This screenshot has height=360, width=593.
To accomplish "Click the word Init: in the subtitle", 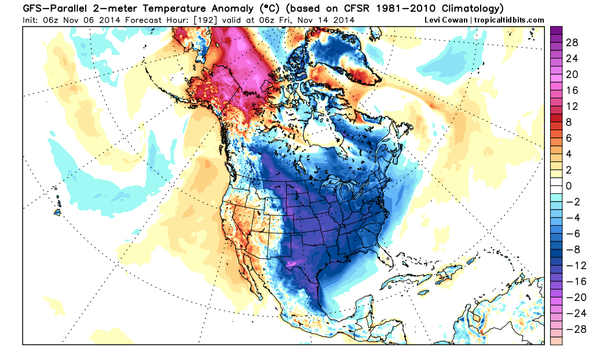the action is point(31,20).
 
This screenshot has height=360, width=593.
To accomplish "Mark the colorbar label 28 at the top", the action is point(572,42).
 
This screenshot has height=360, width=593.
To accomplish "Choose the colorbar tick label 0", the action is point(569,186).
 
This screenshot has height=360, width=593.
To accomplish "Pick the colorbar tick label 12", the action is point(572,106).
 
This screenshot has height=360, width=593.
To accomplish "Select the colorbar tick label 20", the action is point(572,74).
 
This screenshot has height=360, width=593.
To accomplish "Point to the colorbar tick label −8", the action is point(573,249).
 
